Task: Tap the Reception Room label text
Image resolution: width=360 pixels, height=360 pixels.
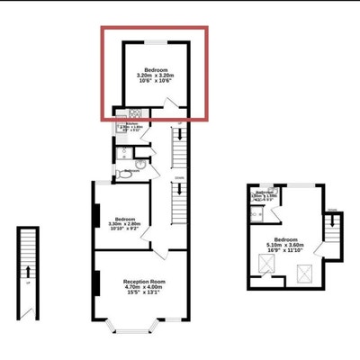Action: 140,286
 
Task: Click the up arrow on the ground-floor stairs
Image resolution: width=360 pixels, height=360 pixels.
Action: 28,270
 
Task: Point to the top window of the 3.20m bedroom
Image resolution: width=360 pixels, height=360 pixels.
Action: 154,41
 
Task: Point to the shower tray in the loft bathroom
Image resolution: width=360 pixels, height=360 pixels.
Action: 257,214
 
